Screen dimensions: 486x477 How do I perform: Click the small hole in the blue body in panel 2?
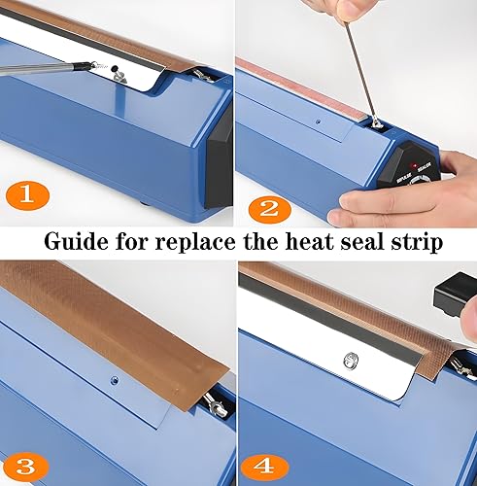coord(318,123)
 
